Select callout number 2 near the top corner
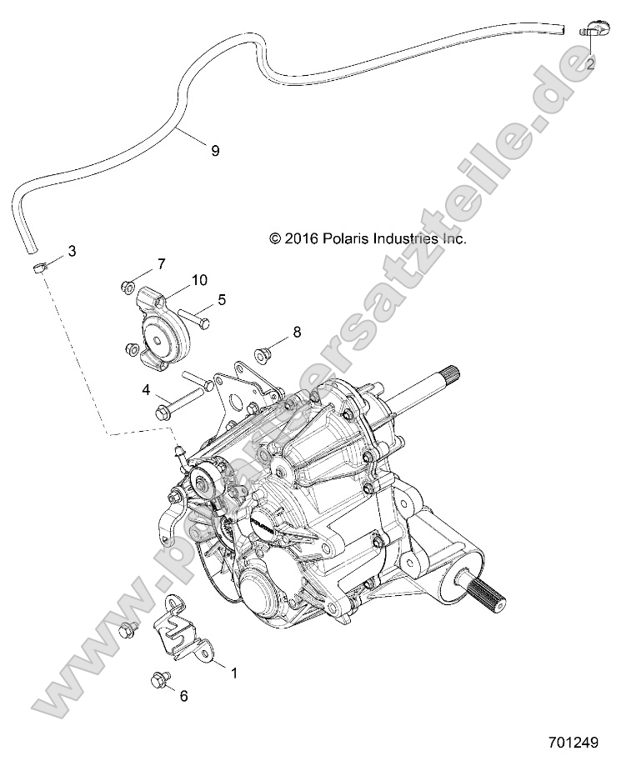click(589, 63)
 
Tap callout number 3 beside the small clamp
click(72, 251)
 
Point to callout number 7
click(162, 264)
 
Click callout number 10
click(199, 280)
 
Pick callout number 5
click(222, 298)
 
